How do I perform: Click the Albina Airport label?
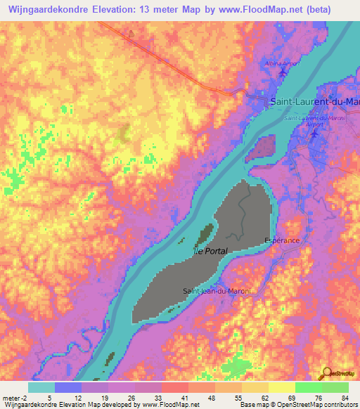285,64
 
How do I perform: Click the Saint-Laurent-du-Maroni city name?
314,102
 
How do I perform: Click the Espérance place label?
282,240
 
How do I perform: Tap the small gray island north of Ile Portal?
265,148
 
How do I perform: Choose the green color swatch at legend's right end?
335,387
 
